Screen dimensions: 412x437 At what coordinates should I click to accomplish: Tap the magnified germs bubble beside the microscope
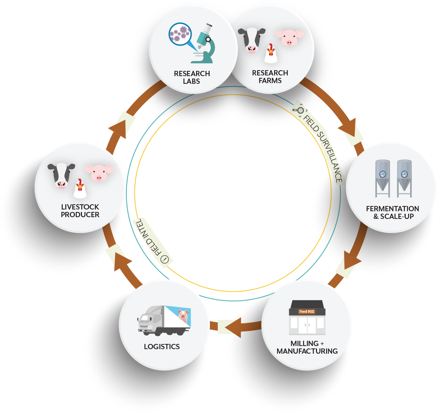tap(180, 34)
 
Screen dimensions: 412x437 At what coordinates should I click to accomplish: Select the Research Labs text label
tap(192, 77)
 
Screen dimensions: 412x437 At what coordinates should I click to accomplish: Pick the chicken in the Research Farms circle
tap(271, 54)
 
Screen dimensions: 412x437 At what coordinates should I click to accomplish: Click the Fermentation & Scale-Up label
tap(393, 212)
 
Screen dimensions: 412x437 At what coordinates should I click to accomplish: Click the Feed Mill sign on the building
tap(307, 311)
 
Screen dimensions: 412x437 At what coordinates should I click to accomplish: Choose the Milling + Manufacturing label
tap(307, 347)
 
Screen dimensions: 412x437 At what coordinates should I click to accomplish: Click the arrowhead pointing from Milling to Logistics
tap(233, 328)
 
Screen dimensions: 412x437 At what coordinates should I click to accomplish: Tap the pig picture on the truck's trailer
tap(183, 316)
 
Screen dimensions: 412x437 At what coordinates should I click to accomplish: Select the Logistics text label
tap(162, 346)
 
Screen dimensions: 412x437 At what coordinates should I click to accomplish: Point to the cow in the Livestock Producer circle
tap(61, 175)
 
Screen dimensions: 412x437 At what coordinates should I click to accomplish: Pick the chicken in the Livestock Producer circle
tap(80, 189)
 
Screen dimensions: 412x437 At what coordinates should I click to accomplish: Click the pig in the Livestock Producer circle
tap(99, 172)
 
